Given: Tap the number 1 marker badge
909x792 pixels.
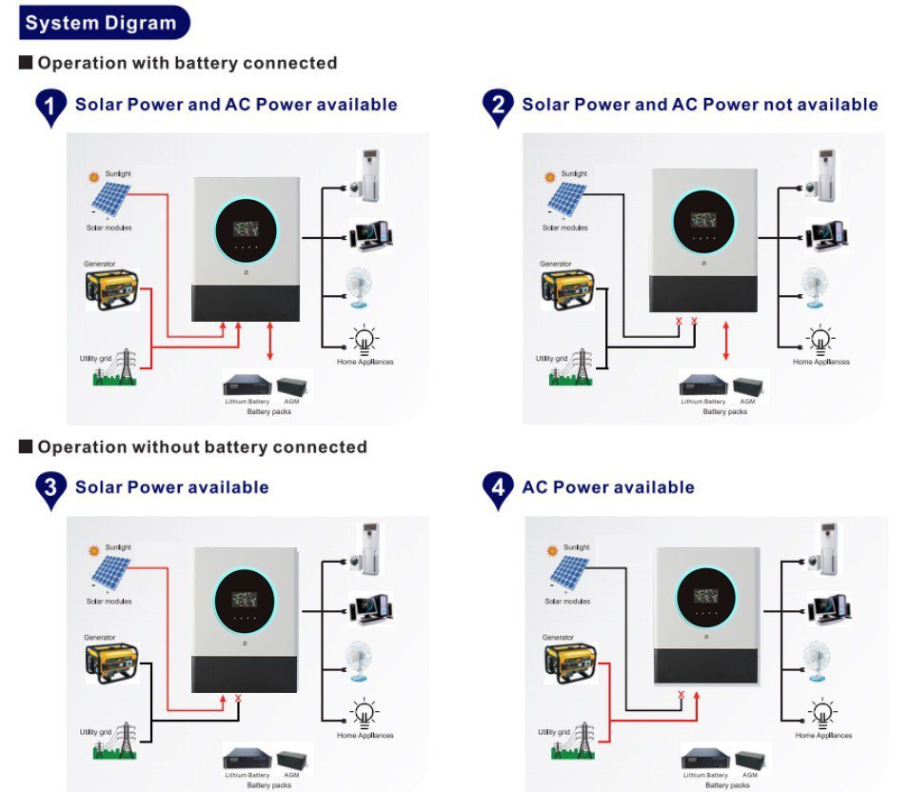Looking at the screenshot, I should pos(50,108).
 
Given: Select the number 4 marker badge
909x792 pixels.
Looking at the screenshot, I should pos(498,490).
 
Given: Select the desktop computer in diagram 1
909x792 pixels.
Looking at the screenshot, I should pos(370,234).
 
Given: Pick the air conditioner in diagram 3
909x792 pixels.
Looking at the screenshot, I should pos(367,553).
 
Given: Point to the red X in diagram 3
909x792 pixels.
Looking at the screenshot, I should pos(238,699).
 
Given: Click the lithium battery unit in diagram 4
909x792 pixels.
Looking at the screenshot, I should pos(704,762).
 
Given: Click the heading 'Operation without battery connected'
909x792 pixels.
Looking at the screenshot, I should pos(202,446).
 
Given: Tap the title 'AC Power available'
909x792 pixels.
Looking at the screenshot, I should pos(607,487).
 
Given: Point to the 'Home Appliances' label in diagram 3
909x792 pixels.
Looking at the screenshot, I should pos(366,736).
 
